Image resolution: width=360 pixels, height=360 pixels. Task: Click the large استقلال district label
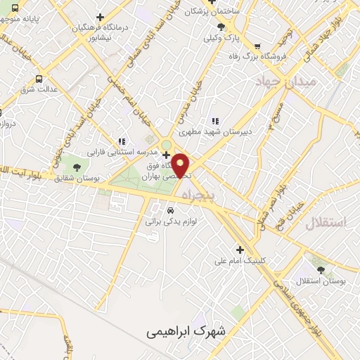(326, 223)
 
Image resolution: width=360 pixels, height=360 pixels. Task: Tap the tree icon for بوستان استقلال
(321, 269)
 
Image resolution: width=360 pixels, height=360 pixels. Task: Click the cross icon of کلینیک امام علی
(240, 250)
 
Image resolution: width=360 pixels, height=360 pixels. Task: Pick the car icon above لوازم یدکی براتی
(170, 210)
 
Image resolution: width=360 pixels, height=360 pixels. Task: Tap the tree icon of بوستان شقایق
(77, 167)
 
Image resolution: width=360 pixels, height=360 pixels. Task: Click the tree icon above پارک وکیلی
(221, 27)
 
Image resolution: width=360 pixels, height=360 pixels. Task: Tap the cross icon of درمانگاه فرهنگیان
(101, 17)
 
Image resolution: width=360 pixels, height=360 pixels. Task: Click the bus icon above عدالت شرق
(38, 79)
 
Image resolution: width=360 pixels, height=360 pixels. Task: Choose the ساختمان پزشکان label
(209, 11)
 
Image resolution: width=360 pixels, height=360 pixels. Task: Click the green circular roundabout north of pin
(167, 146)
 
